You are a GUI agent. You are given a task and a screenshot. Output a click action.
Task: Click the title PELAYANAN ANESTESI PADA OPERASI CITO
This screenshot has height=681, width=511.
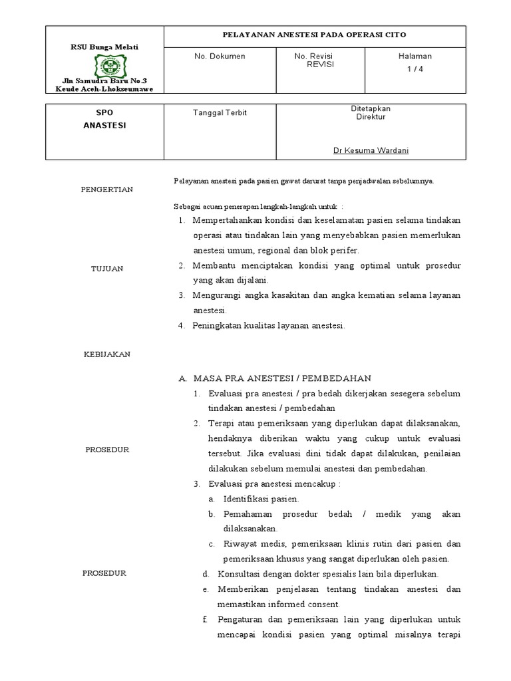pyautogui.click(x=313, y=35)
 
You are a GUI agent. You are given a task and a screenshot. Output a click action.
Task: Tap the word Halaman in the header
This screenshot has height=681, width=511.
pyautogui.click(x=415, y=57)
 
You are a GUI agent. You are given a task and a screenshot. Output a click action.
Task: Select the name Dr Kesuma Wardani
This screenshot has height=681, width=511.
pyautogui.click(x=371, y=150)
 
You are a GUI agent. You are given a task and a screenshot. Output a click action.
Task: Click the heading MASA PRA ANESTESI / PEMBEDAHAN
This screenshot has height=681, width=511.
pyautogui.click(x=281, y=378)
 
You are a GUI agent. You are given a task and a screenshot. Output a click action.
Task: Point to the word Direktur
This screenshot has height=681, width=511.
pyautogui.click(x=371, y=117)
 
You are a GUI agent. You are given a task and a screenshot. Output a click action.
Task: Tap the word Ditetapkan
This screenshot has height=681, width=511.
pyautogui.click(x=371, y=108)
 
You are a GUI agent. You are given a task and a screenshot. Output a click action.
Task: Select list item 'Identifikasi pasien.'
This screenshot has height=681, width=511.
pyautogui.click(x=261, y=499)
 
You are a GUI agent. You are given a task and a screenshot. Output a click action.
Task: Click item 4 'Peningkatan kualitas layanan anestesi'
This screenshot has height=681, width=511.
pyautogui.click(x=269, y=325)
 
